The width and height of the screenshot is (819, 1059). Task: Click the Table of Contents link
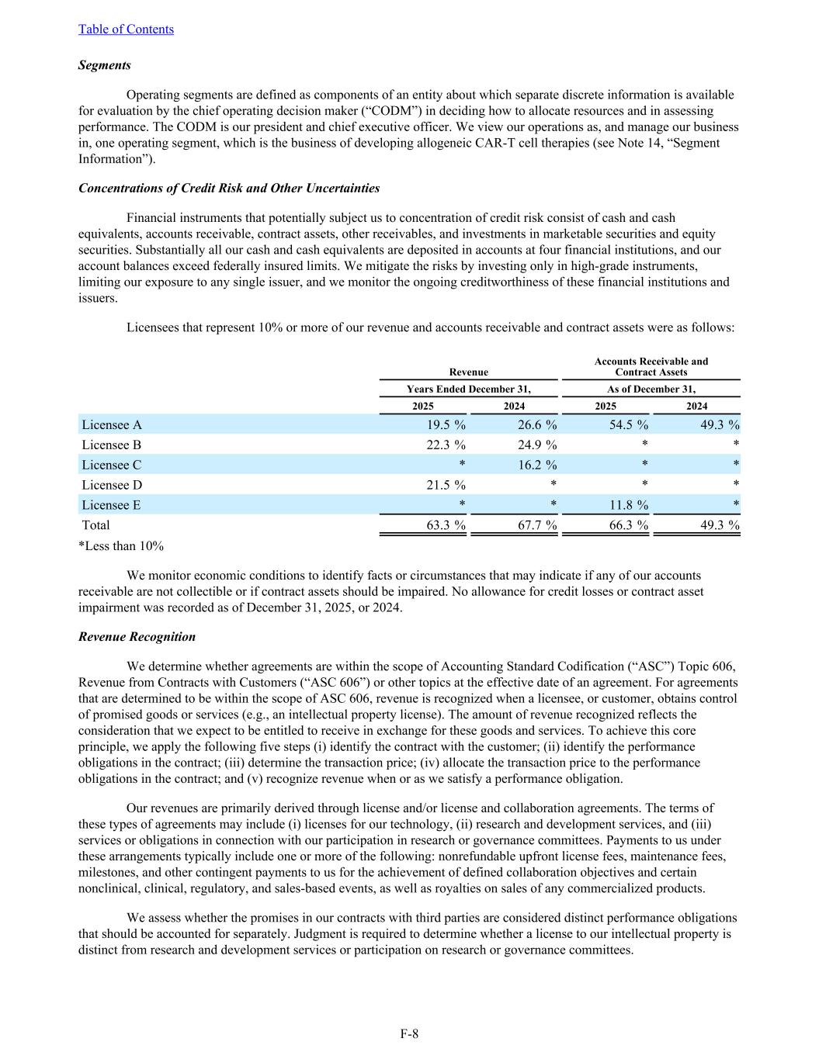(126, 29)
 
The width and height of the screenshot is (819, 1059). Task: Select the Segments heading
(104, 65)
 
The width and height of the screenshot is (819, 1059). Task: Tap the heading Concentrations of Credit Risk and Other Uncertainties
(229, 189)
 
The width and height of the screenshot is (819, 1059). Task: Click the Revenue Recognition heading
(137, 637)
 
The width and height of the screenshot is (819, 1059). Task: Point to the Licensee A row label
(112, 425)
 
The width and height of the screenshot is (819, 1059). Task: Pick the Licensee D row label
(112, 485)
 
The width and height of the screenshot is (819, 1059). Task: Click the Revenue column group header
(469, 372)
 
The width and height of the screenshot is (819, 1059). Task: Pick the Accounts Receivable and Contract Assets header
(651, 367)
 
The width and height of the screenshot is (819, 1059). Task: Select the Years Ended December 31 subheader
(469, 389)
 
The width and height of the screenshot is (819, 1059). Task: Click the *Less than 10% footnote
(121, 546)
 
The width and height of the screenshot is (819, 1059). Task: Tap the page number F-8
(409, 1033)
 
